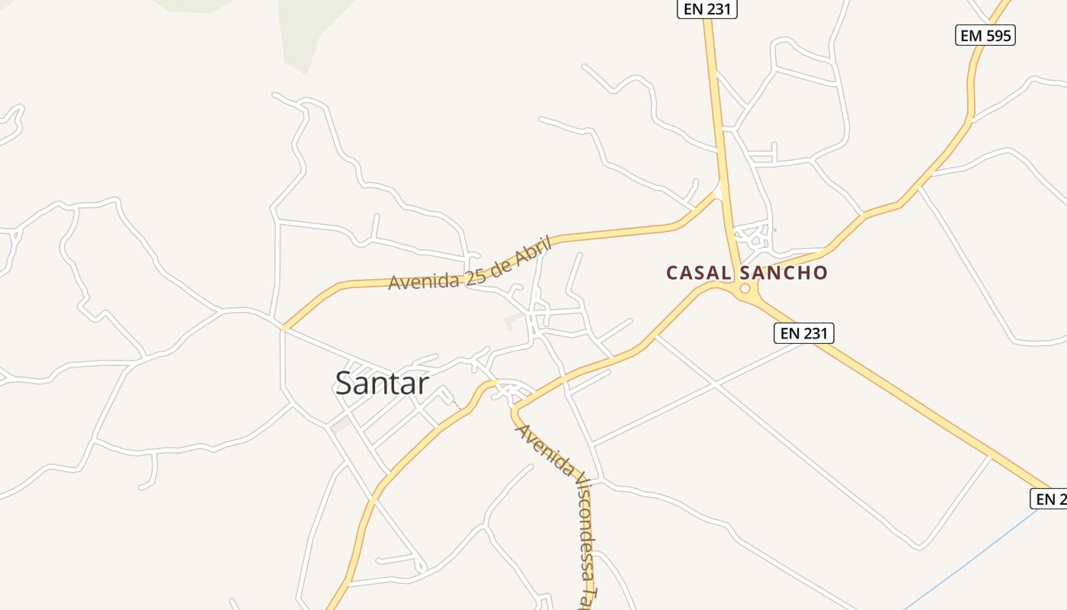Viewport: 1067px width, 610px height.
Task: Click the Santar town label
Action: pyautogui.click(x=382, y=383)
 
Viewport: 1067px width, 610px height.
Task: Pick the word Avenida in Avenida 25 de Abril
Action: pyautogui.click(x=424, y=281)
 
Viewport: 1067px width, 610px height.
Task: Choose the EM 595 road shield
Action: pyautogui.click(x=985, y=35)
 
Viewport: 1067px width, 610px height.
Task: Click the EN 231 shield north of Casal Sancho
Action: pyautogui.click(x=707, y=8)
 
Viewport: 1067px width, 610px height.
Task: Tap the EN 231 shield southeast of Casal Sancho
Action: pyautogui.click(x=804, y=333)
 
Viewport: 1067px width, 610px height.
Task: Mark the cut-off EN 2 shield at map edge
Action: pyautogui.click(x=1049, y=499)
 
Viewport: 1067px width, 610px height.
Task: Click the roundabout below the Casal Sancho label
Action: pyautogui.click(x=745, y=289)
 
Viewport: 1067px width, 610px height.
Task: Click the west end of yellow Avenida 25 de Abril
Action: pyautogui.click(x=284, y=329)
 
